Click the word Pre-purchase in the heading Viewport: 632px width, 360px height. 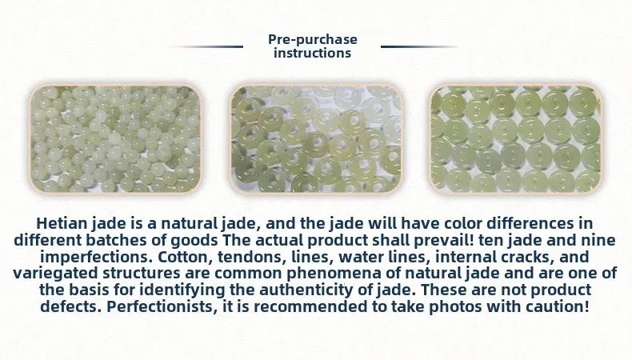coord(313,39)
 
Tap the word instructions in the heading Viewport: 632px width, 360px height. coord(312,53)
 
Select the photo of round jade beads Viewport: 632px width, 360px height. coord(116,139)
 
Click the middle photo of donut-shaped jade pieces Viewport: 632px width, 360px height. coord(316,139)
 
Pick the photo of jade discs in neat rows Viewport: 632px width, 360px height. coord(515,139)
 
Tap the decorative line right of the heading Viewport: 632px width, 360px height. coord(419,46)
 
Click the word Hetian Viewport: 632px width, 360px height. coord(62,223)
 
